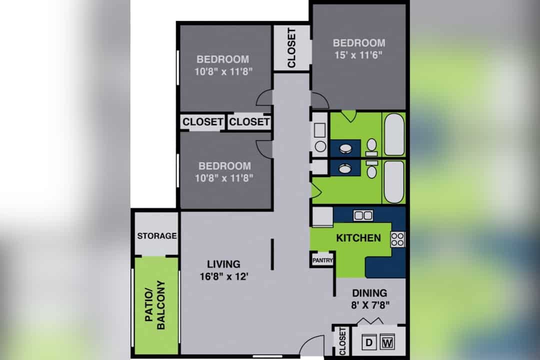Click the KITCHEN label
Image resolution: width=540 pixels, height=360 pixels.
coord(358,238)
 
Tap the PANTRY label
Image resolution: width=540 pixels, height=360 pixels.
coord(322,260)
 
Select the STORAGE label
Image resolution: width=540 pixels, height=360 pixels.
coord(156,236)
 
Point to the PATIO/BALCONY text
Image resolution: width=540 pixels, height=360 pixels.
coord(155,305)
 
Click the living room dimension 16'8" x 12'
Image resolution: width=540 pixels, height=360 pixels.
coord(224,276)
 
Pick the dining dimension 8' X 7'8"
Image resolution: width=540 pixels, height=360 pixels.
coord(370,305)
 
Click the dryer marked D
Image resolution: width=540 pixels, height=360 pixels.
coord(369,342)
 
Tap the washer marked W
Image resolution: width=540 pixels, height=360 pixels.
coord(387,342)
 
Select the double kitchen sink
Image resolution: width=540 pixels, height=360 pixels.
coord(363,215)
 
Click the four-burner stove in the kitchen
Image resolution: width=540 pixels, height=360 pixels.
coord(397,240)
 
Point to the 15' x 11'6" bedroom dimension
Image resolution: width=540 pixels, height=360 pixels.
coord(358,55)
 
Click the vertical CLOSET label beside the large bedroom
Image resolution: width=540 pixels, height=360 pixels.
coord(291,48)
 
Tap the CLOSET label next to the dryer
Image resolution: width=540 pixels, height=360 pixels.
coord(342,341)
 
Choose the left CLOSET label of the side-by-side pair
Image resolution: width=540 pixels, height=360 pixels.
coord(203,122)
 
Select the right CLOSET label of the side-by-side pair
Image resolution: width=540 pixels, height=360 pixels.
coord(249,122)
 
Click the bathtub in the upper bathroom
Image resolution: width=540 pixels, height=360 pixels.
coord(394,134)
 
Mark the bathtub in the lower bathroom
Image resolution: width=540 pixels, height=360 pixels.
coord(394,182)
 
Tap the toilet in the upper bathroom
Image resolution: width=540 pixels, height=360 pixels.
coord(371,147)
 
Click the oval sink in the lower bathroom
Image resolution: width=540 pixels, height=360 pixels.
coord(345,168)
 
